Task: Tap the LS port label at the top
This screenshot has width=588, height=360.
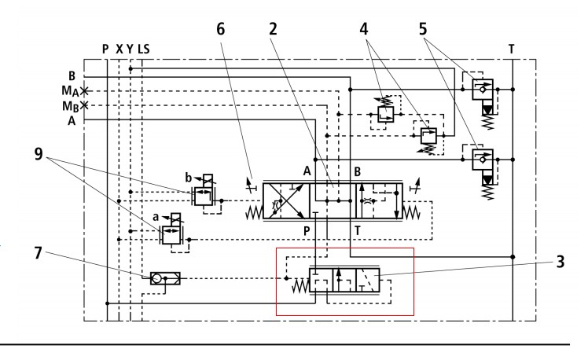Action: pos(144,49)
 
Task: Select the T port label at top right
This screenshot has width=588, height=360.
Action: pos(512,49)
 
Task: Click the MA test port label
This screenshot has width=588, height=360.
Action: pos(74,91)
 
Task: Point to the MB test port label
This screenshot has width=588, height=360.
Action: pos(74,105)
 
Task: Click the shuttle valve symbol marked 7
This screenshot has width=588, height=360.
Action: pos(165,277)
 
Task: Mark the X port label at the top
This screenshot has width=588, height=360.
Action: pos(119,49)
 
